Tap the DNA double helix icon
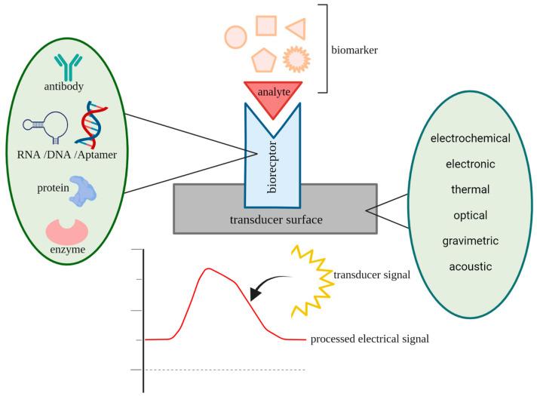95,123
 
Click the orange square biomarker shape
265,25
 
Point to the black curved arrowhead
255,295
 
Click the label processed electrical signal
369,339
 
